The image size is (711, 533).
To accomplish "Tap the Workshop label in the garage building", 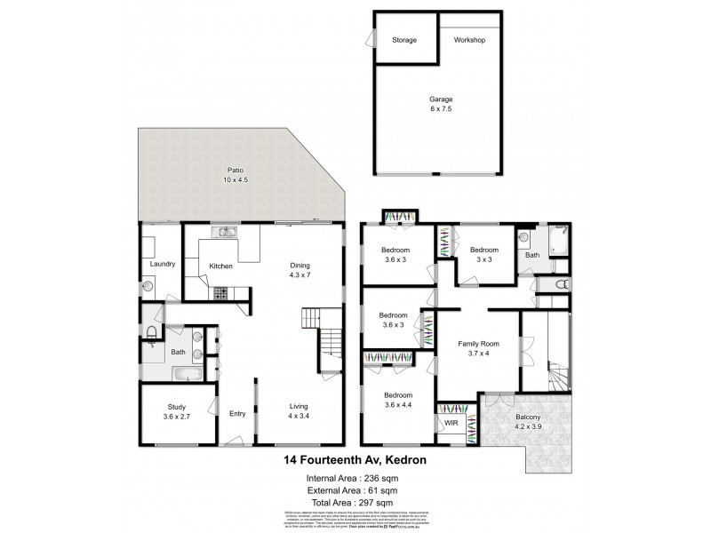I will click(468, 41).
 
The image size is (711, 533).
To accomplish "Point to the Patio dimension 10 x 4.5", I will click(235, 180).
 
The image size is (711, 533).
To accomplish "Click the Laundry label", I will click(162, 264).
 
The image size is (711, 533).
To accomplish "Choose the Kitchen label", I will click(220, 266).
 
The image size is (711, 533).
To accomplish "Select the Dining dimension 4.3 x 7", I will click(300, 274).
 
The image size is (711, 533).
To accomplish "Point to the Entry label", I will click(237, 413).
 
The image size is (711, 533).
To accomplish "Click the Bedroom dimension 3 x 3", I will click(484, 260).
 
